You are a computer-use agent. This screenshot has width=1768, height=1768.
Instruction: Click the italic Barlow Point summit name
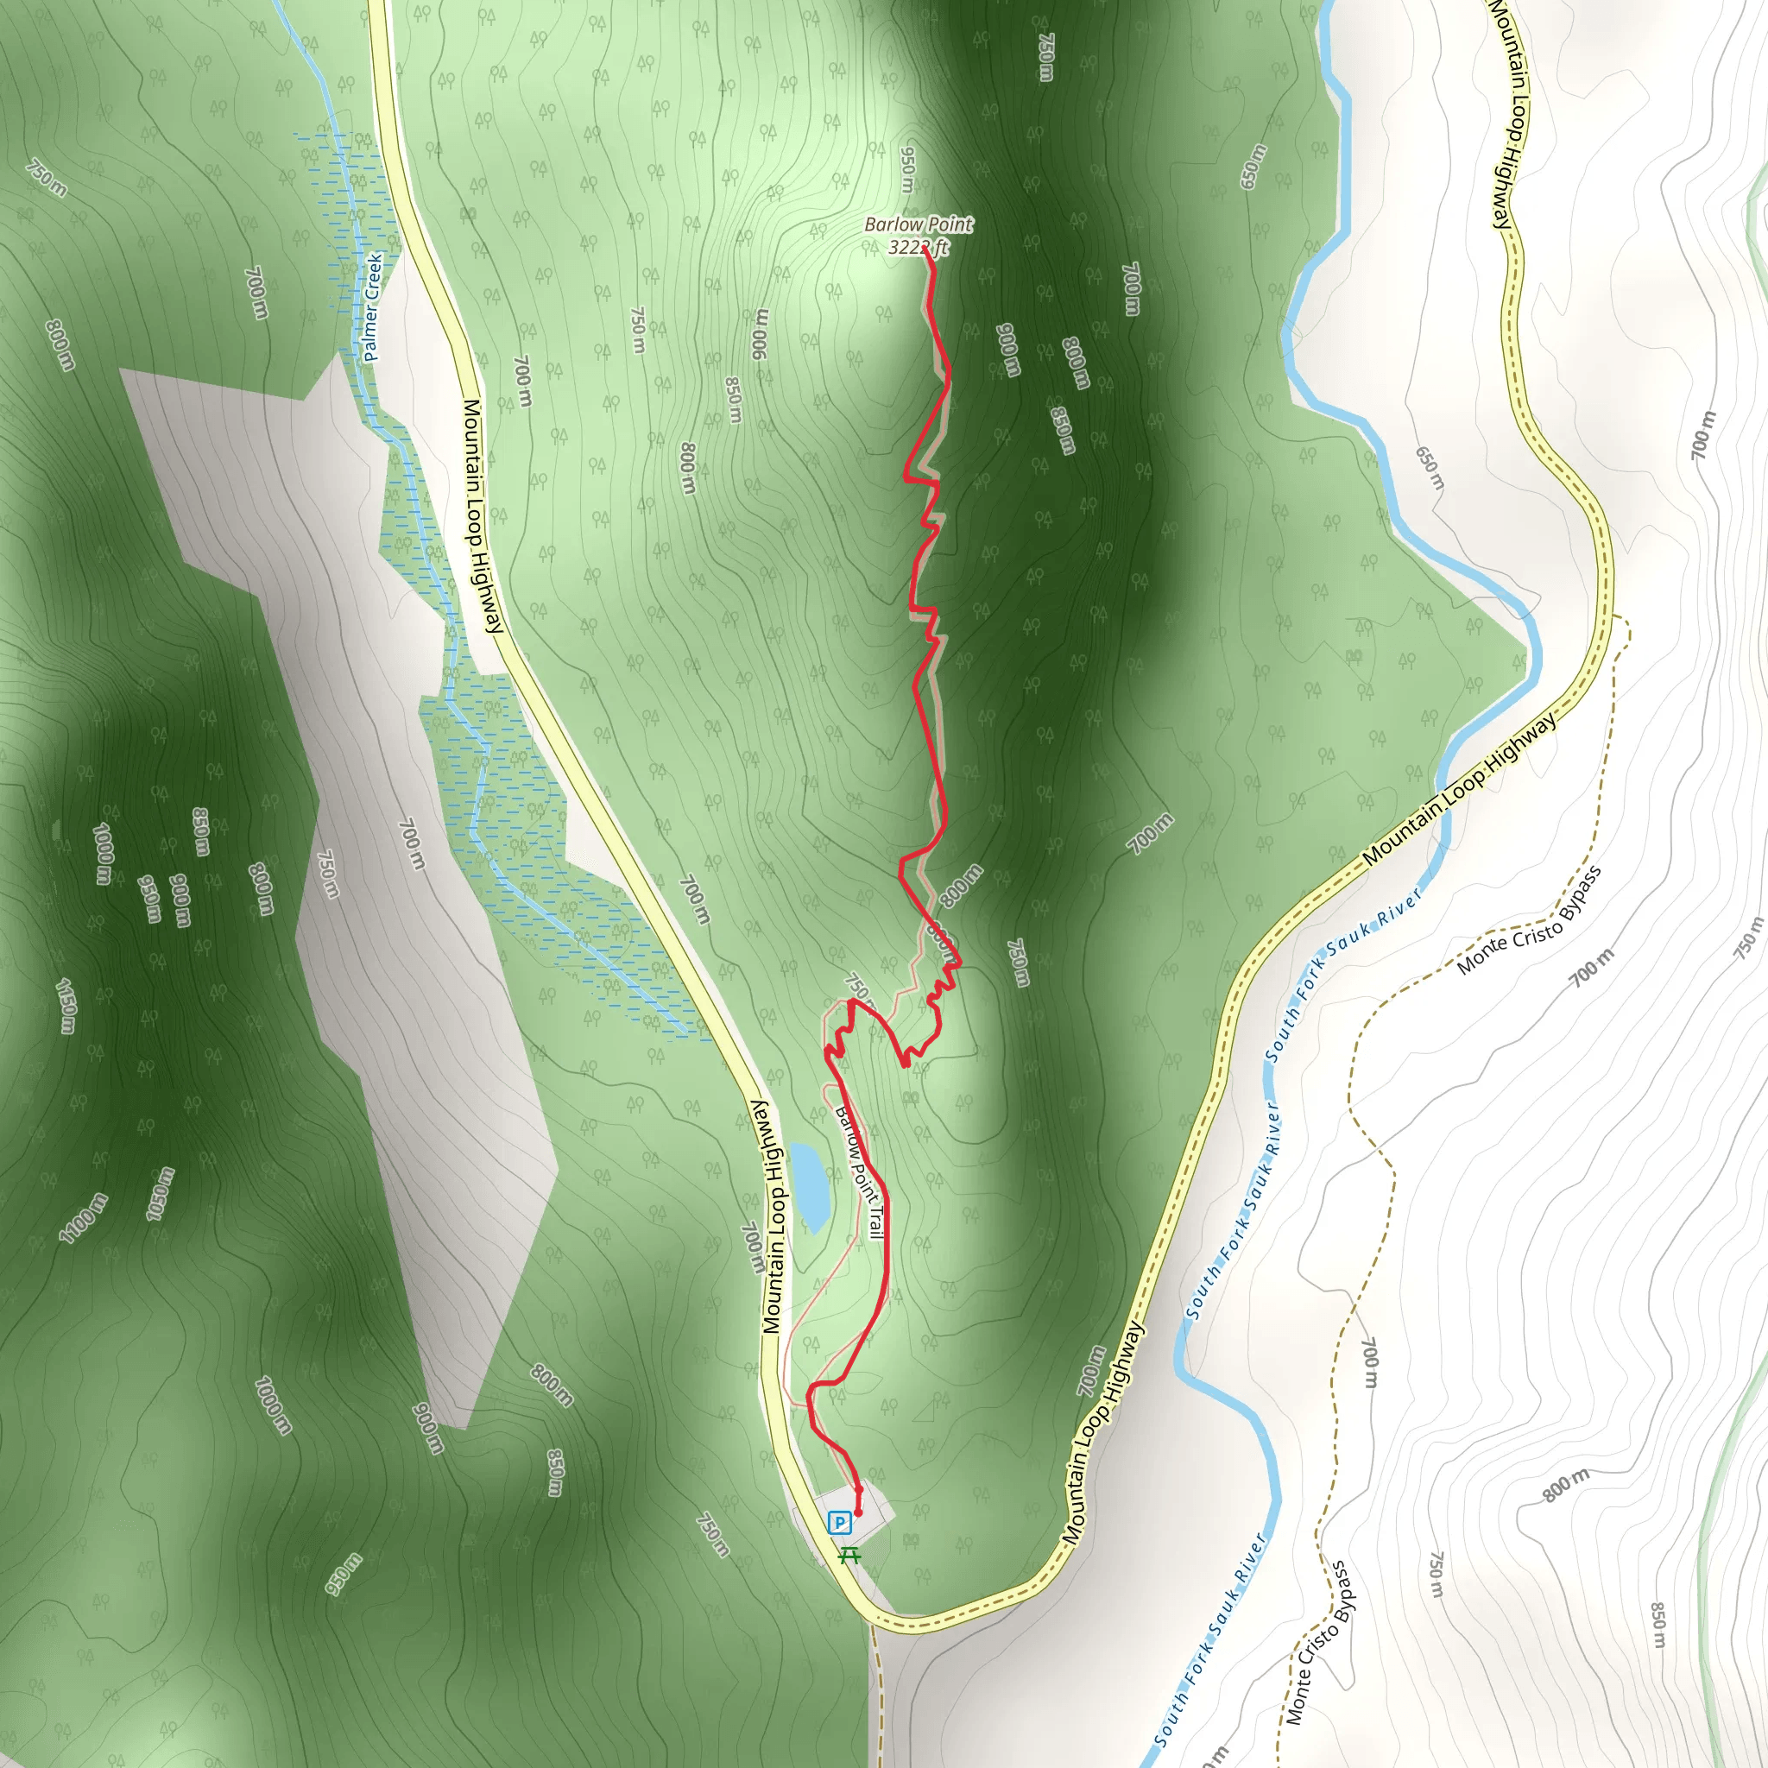tap(918, 224)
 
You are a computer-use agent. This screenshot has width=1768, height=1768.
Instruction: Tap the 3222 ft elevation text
tap(918, 247)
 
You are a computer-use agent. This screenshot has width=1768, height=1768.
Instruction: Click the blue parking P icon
tap(839, 1523)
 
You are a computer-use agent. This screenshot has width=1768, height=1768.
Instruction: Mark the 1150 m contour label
tap(66, 1006)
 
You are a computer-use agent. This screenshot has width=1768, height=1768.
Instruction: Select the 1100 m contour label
tap(83, 1219)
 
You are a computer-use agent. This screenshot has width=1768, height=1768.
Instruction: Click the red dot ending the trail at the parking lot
tap(858, 1513)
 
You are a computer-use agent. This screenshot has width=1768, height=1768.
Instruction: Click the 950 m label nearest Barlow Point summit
tap(907, 169)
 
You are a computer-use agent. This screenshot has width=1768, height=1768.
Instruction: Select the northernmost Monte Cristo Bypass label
tap(1529, 919)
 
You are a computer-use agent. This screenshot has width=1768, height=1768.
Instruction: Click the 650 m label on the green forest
tap(1253, 167)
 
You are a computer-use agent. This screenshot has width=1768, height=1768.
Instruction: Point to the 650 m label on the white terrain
tap(1430, 468)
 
